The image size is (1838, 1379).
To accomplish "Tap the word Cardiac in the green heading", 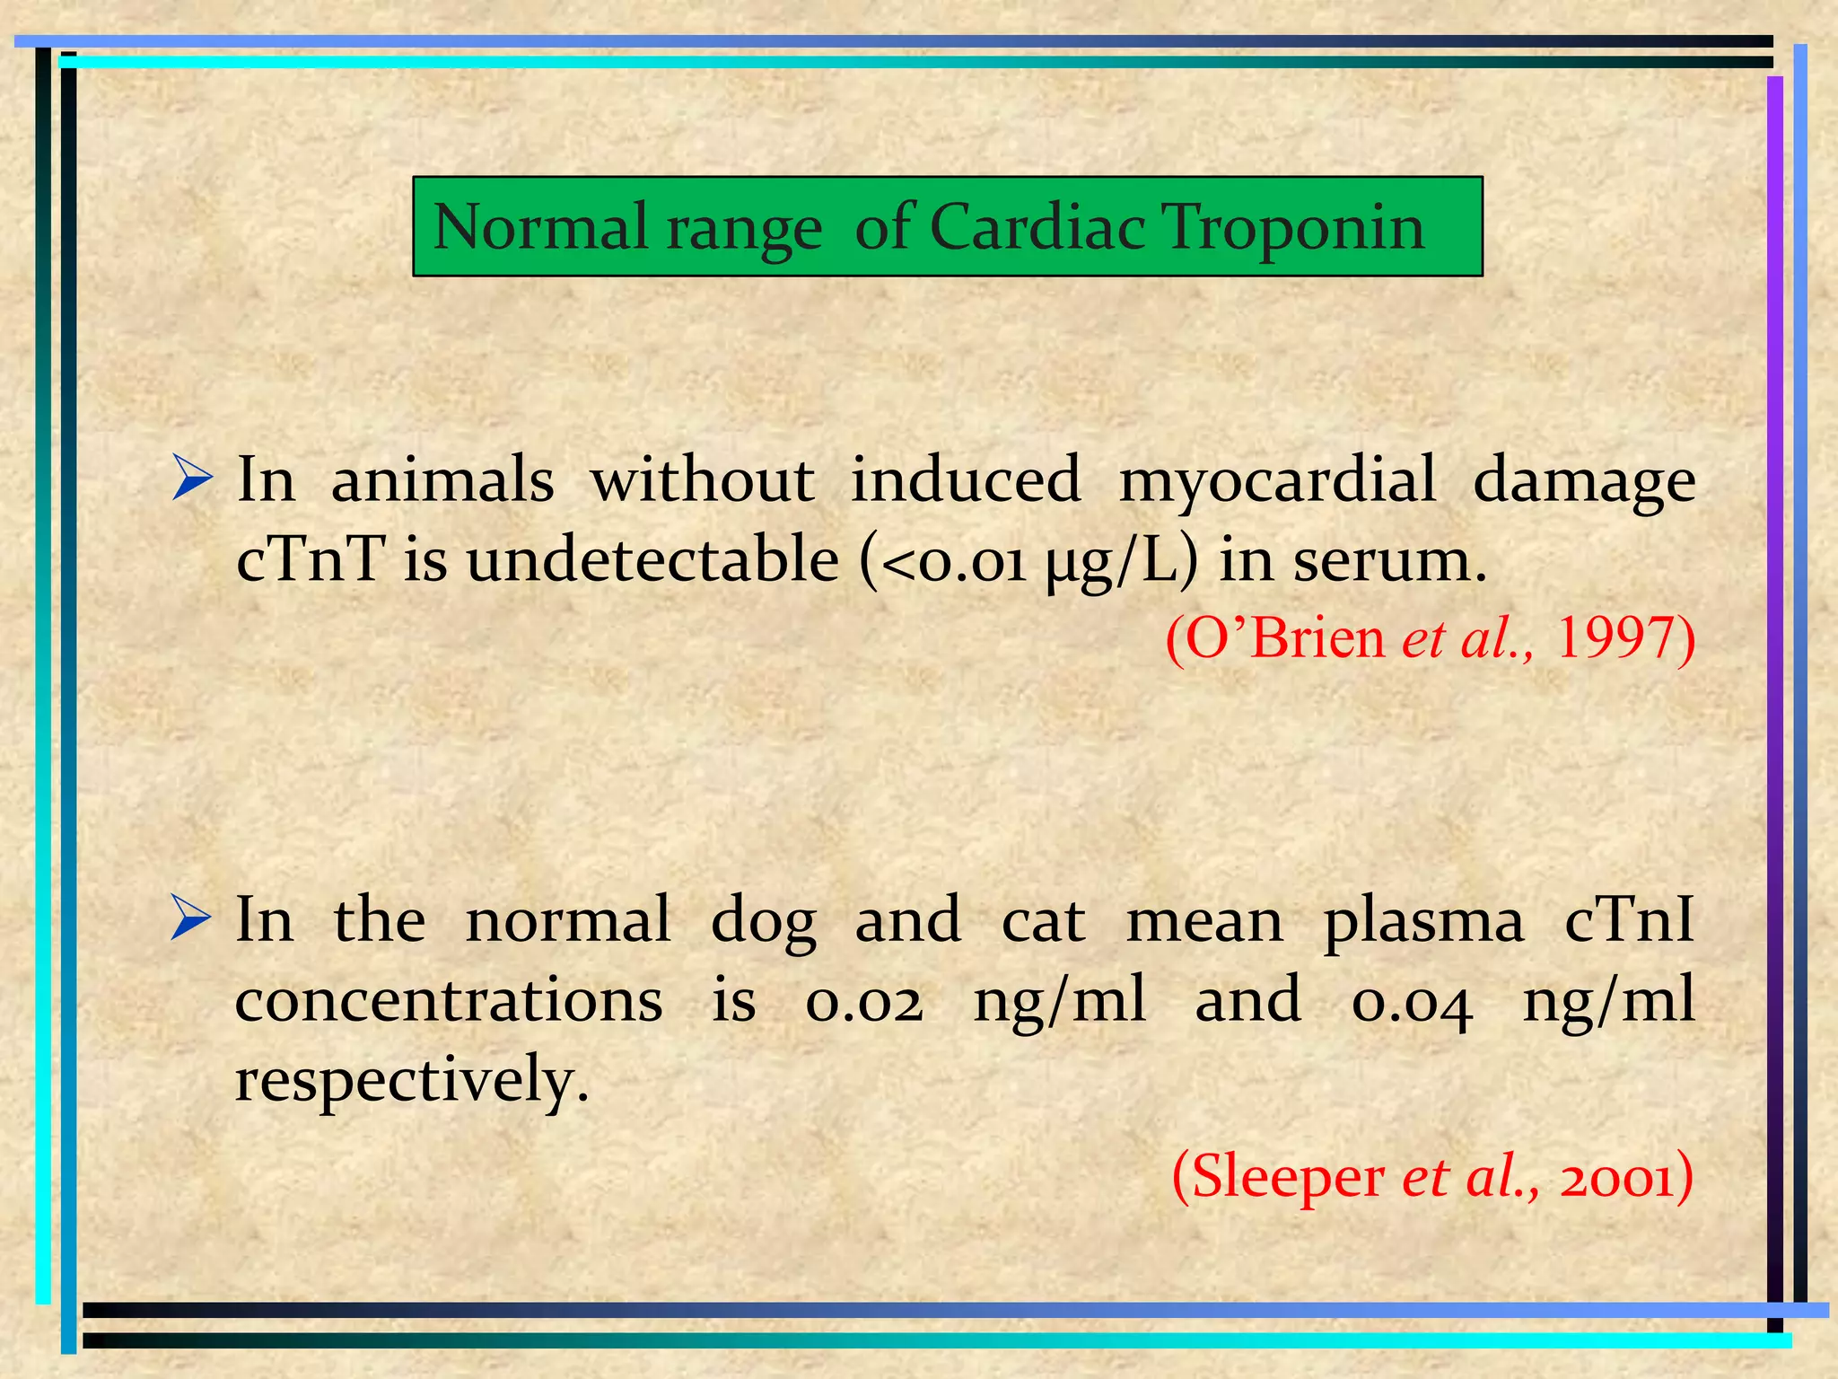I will pyautogui.click(x=1037, y=228).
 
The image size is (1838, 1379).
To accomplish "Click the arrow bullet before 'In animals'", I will pyautogui.click(x=192, y=479).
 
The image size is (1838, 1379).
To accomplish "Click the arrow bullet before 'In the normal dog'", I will pyautogui.click(x=191, y=918).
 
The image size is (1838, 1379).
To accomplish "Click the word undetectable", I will pyautogui.click(x=652, y=559).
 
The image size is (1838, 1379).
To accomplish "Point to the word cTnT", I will pyautogui.click(x=311, y=559).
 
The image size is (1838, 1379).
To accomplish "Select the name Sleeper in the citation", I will pyautogui.click(x=1288, y=1176).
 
